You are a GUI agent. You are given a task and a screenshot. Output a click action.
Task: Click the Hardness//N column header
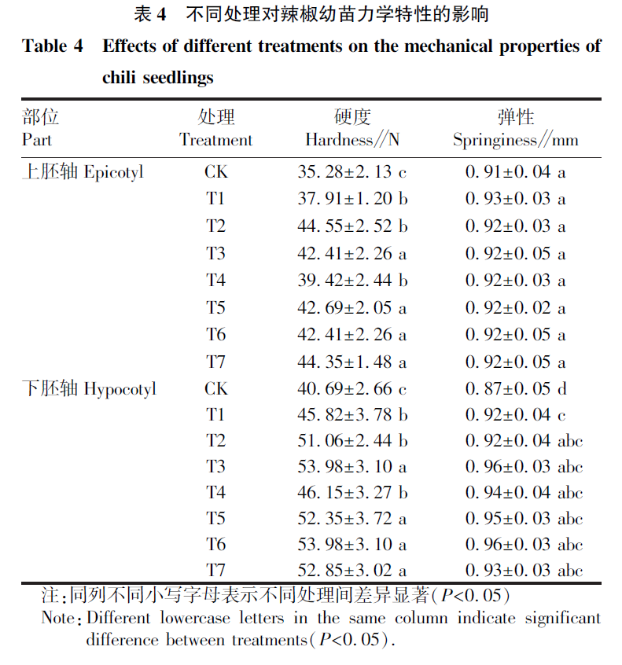pos(351,140)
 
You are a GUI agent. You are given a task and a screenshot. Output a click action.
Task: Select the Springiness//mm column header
pos(515,140)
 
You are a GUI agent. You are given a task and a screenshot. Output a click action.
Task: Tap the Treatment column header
pos(216,140)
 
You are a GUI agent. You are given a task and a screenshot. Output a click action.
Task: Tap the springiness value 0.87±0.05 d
pos(515,388)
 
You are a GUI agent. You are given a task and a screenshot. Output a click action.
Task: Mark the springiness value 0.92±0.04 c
pos(515,414)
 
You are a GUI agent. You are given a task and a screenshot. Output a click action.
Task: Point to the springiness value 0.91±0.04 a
pos(515,171)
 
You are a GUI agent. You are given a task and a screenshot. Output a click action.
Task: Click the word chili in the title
pos(118,79)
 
